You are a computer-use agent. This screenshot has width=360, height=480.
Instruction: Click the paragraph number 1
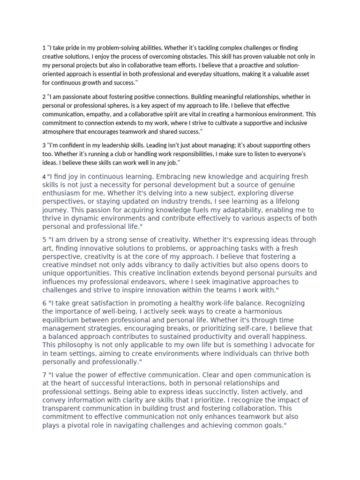pos(44,48)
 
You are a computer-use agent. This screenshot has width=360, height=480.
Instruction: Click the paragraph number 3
pos(44,145)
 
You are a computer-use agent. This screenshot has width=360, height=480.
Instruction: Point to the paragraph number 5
pos(45,240)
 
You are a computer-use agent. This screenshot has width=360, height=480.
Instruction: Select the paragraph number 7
pos(45,375)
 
